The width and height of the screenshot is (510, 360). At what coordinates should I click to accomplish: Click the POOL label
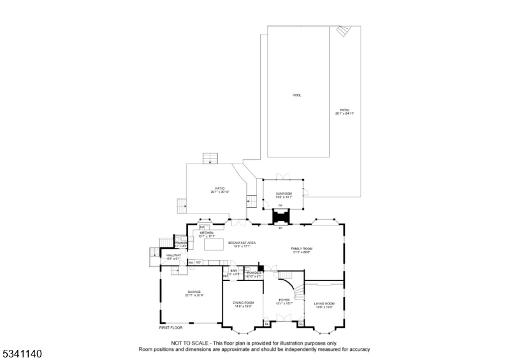coord(296,95)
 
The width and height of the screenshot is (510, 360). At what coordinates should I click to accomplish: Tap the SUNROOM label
coord(283,193)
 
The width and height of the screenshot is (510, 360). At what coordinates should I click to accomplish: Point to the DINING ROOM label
coord(243,303)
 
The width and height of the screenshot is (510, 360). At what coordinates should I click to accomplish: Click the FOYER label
coord(283,299)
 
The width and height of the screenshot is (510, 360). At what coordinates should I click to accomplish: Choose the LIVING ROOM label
coord(324,303)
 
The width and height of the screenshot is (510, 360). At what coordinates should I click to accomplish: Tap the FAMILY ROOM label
coord(302,248)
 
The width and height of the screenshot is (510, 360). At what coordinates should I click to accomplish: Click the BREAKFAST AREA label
coord(242,243)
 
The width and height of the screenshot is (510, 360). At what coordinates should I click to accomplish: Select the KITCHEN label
coord(207,233)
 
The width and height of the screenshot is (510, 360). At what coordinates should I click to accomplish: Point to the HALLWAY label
coord(174,255)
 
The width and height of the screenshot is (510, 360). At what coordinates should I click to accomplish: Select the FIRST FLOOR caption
coord(171,328)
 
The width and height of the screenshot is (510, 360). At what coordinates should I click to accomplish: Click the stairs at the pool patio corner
coord(344,31)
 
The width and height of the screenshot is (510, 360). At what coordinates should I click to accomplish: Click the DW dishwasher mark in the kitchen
coord(201,227)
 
